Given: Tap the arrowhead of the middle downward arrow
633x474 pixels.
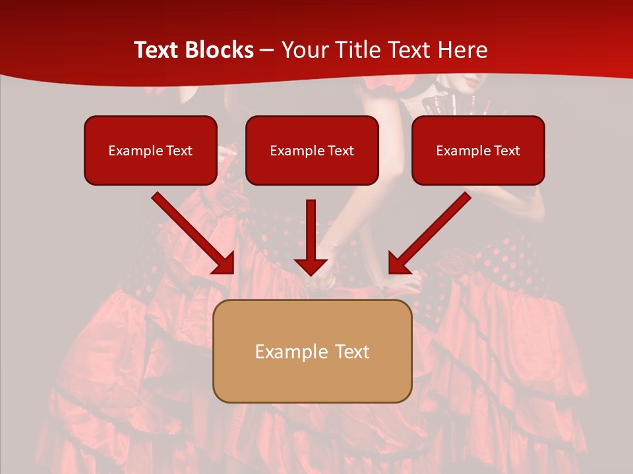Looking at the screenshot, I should click(311, 266).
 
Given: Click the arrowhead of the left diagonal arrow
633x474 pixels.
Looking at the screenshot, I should click(224, 263).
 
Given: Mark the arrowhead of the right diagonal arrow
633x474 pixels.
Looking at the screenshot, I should click(398, 263).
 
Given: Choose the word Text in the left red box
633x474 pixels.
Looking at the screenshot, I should click(179, 151).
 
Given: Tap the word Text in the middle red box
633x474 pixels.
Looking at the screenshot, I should click(341, 151).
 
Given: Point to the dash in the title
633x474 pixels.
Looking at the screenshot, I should click(267, 51).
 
